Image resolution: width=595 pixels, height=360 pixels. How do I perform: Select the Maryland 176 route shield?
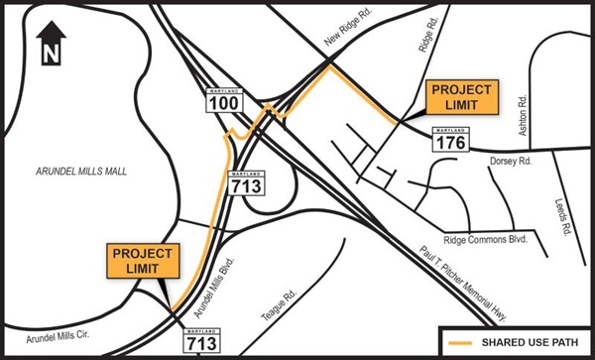pyautogui.click(x=448, y=142)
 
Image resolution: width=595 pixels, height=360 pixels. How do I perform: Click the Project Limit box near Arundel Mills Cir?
pyautogui.click(x=143, y=260)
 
